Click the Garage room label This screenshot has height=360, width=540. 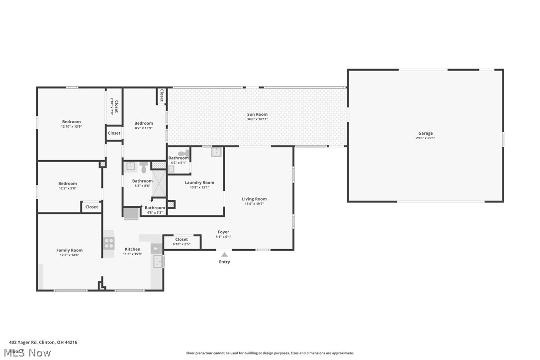click(x=425, y=133)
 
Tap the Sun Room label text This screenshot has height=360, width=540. click(x=257, y=114)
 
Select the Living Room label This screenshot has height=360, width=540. click(x=254, y=199)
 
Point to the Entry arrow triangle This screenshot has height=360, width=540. click(x=224, y=255)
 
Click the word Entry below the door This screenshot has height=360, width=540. click(x=224, y=262)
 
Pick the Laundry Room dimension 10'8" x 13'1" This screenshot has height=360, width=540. click(x=199, y=187)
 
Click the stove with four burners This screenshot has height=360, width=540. click(x=108, y=243)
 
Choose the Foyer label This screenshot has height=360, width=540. click(x=223, y=232)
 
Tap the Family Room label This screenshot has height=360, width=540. click(x=69, y=251)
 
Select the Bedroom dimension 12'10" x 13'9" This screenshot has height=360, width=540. click(x=71, y=127)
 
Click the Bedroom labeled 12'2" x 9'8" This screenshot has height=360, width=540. click(x=68, y=183)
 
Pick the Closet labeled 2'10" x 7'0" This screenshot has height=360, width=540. click(x=114, y=107)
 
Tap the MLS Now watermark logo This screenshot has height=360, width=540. click(x=30, y=353)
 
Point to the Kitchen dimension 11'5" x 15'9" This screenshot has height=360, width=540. click(x=132, y=254)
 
